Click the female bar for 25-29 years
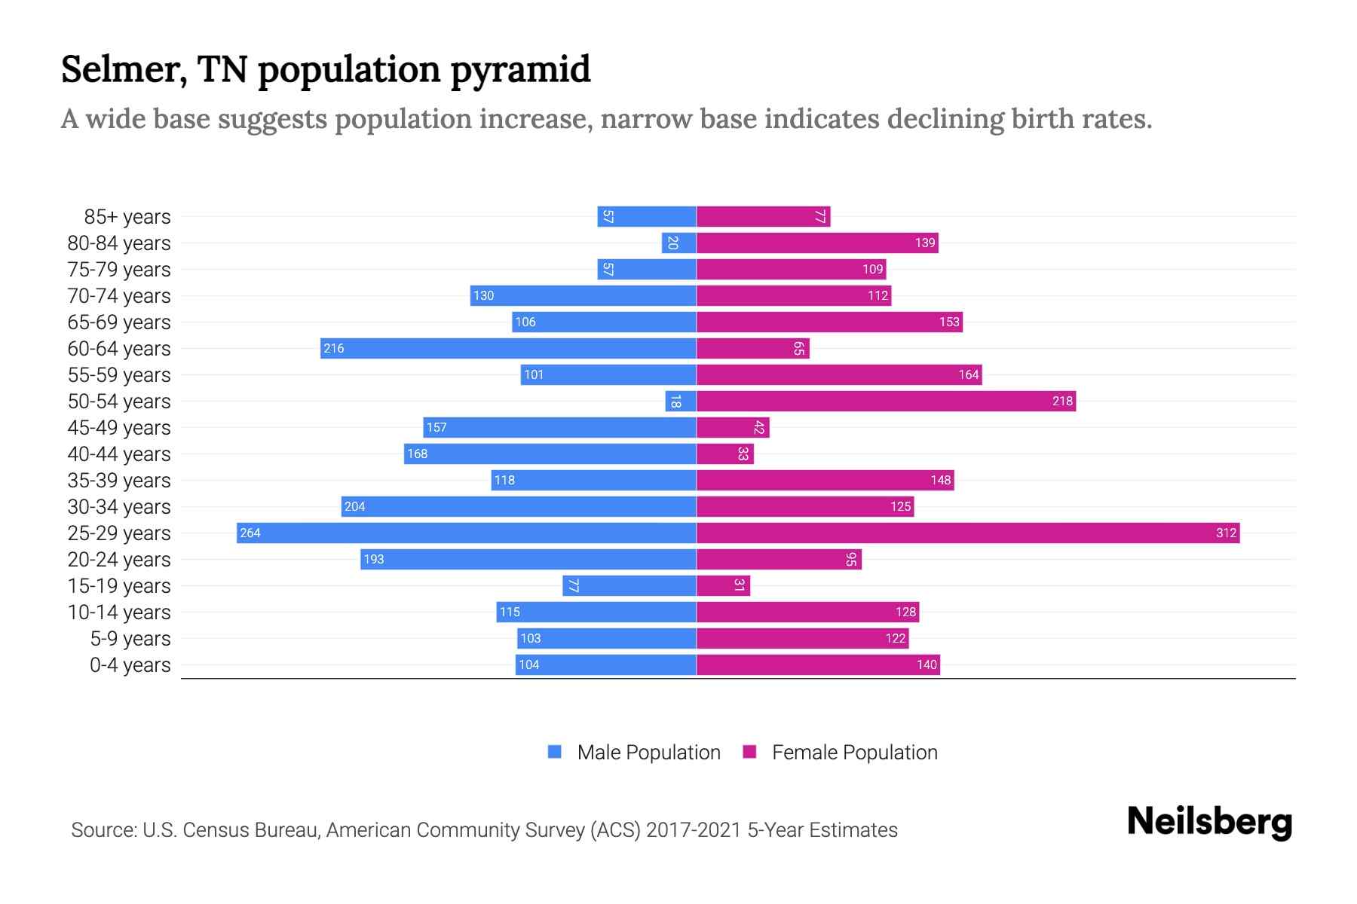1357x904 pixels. [968, 533]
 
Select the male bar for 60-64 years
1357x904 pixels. [508, 348]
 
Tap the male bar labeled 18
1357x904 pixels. [680, 401]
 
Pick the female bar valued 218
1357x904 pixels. [886, 401]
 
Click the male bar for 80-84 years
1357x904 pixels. [678, 243]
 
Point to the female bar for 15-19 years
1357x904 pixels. [723, 585]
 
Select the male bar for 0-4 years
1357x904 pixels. [605, 664]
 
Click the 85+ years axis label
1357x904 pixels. [127, 217]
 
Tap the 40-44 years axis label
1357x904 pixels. [119, 454]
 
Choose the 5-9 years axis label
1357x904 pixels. [130, 639]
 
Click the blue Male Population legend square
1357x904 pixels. [555, 752]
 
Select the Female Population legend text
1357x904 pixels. [854, 753]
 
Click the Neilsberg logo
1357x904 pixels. [1209, 822]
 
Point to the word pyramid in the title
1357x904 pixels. [520, 70]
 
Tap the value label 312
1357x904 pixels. [1226, 533]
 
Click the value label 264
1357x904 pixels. [250, 533]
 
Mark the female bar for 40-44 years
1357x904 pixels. [724, 454]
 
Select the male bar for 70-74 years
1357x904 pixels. [583, 295]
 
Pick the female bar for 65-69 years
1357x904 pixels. [829, 322]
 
